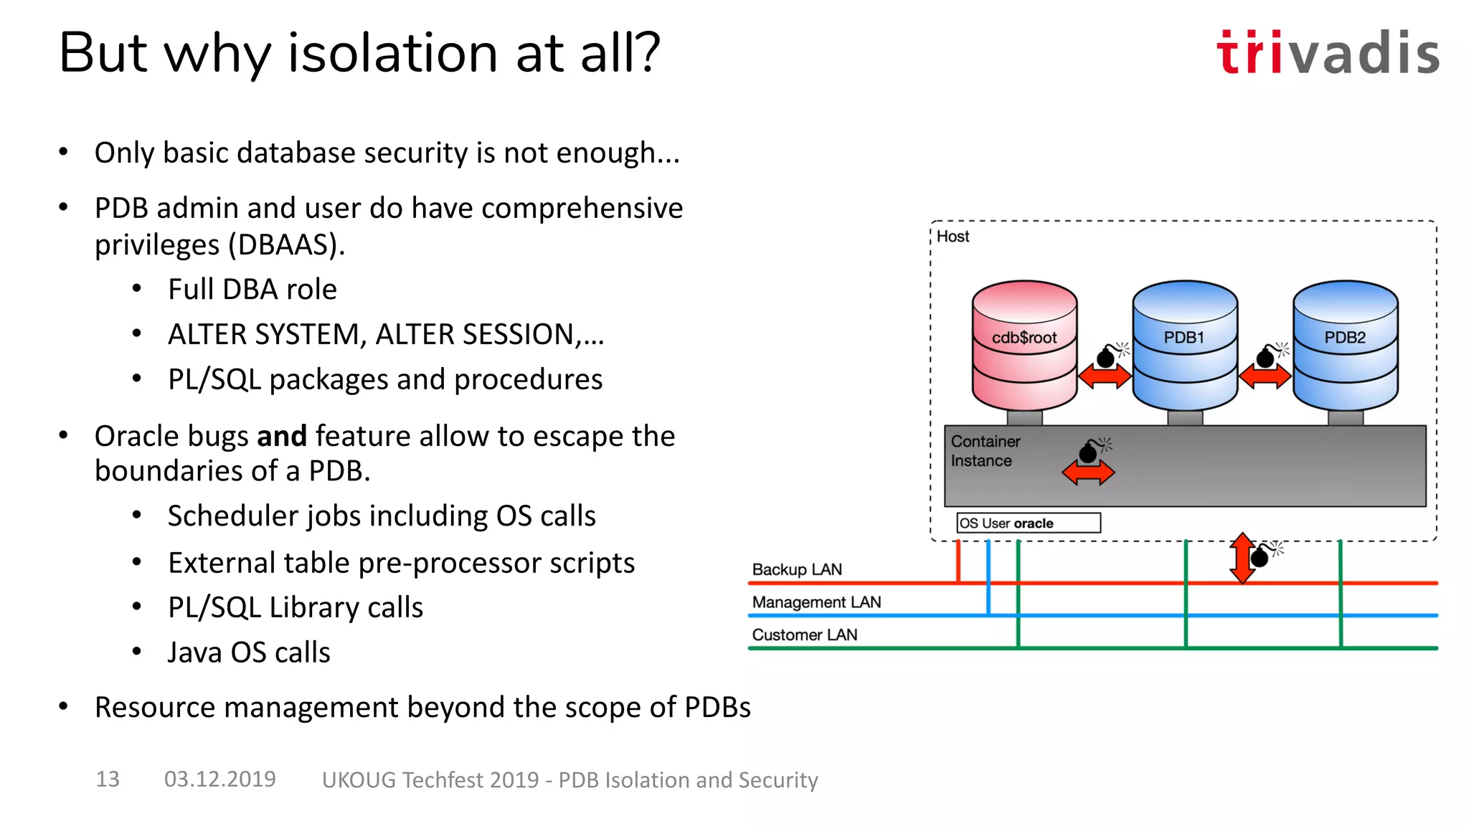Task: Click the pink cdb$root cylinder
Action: (1024, 344)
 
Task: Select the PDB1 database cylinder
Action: (1185, 344)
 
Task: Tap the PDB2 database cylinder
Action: (1345, 344)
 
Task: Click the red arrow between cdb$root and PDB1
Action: (1105, 376)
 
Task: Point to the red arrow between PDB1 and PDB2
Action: (1265, 376)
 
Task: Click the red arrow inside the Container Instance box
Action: (1088, 473)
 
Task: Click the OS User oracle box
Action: (1028, 523)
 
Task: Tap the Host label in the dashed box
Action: (953, 237)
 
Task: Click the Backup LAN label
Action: (796, 569)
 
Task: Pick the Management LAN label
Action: (816, 602)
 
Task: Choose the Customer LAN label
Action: (804, 635)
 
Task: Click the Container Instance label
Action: (985, 451)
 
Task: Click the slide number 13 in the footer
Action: (108, 779)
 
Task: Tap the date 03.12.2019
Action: (219, 779)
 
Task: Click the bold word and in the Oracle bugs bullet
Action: (282, 436)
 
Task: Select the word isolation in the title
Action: (393, 53)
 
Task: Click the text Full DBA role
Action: (252, 289)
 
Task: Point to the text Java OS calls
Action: (248, 652)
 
